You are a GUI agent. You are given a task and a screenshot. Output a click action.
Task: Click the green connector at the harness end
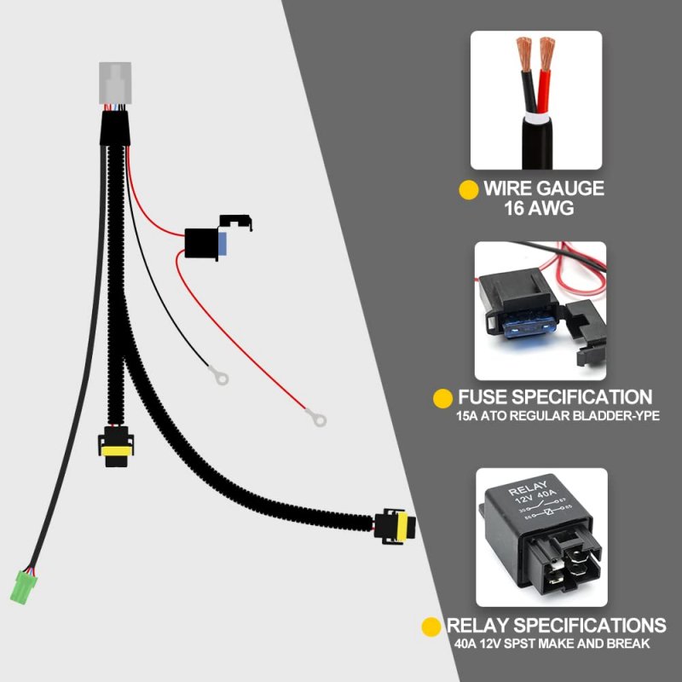point(24,587)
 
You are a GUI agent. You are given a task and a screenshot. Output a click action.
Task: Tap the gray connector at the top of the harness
point(115,83)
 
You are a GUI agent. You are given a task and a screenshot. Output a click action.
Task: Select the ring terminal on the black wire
point(220,376)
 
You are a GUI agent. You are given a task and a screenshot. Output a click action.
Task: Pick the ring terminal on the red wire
point(317,418)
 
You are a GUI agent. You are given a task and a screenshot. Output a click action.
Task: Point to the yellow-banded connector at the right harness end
point(395,526)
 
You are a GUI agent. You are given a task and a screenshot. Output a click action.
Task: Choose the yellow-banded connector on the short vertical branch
point(116,447)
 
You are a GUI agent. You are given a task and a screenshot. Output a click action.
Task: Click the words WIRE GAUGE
point(544,188)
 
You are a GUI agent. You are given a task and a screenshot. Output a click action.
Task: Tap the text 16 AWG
point(539,208)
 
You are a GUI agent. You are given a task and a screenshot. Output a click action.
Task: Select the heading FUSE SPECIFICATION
point(555,397)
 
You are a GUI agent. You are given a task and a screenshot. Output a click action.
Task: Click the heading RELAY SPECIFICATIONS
point(557,625)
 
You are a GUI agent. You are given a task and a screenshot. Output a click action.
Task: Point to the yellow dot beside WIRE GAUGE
point(469,190)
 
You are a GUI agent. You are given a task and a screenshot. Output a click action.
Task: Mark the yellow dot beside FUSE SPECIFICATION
point(442,398)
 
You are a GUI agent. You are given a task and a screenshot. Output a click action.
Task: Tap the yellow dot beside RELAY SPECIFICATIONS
point(431,627)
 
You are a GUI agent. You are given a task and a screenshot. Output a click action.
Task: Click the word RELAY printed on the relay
point(528,488)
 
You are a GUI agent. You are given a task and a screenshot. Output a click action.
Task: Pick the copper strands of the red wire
point(546,53)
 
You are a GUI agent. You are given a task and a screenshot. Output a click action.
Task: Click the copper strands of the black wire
point(524,54)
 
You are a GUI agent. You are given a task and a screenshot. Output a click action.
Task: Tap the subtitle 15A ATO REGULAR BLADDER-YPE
point(558,416)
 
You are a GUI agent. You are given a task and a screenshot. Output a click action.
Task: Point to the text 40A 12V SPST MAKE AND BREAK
point(552,644)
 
